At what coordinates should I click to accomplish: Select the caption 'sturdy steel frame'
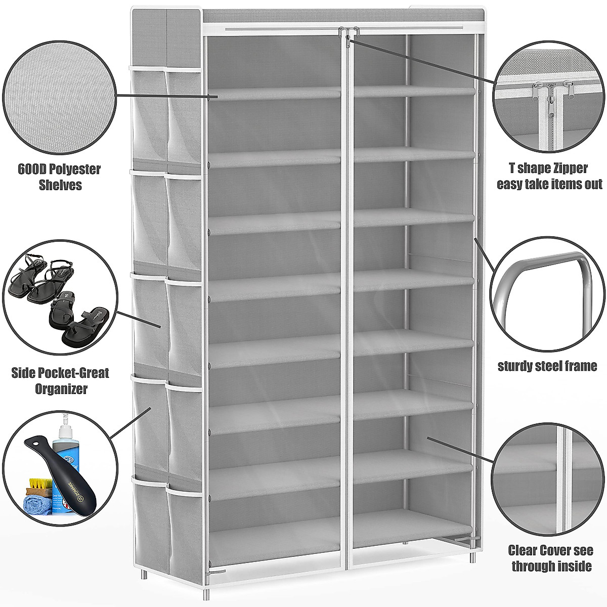pyautogui.click(x=547, y=365)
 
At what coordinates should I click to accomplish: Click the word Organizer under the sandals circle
pyautogui.click(x=60, y=389)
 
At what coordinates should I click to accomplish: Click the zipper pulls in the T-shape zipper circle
pyautogui.click(x=549, y=86)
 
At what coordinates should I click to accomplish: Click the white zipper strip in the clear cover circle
pyautogui.click(x=561, y=470)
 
